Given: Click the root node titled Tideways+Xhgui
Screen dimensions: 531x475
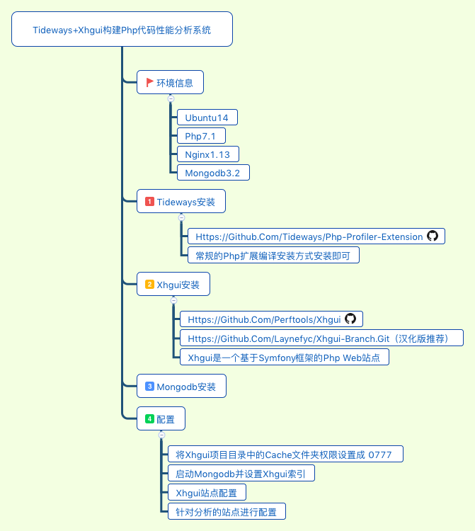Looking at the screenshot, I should pyautogui.click(x=122, y=30).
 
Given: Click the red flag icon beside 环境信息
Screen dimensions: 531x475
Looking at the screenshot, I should pyautogui.click(x=149, y=82).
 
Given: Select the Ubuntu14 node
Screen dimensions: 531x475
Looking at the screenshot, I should pyautogui.click(x=207, y=118).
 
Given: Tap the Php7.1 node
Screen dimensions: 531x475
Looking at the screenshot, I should pyautogui.click(x=200, y=136).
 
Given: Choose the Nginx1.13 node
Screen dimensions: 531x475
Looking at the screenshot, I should pyautogui.click(x=207, y=154).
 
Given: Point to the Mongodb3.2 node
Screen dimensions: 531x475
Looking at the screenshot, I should pyautogui.click(x=212, y=173).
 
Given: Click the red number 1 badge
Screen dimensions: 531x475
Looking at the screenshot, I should pyautogui.click(x=149, y=202).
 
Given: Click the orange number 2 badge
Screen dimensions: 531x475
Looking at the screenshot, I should pyautogui.click(x=149, y=285).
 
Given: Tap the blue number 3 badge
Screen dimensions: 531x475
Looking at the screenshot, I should pyautogui.click(x=149, y=387).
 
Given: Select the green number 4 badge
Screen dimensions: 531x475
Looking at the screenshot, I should pyautogui.click(x=149, y=418).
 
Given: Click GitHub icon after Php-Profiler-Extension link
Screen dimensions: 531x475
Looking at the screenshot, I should pyautogui.click(x=433, y=236).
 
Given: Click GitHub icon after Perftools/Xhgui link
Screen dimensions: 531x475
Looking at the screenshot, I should pyautogui.click(x=350, y=319).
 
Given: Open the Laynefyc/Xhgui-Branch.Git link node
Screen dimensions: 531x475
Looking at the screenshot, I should pyautogui.click(x=321, y=338).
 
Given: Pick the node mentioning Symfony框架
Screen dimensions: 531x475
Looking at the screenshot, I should pyautogui.click(x=284, y=358).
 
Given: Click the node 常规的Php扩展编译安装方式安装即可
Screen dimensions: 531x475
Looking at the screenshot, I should pyautogui.click(x=273, y=256).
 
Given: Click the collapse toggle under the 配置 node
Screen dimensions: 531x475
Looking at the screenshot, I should pyautogui.click(x=161, y=434).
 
